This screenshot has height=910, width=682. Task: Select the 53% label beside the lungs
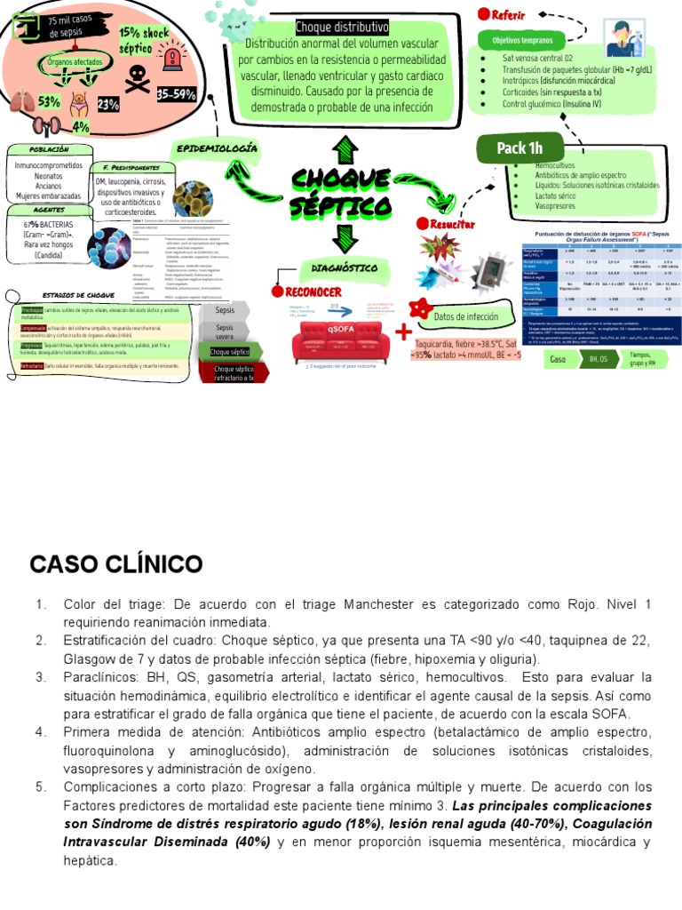pyautogui.click(x=48, y=102)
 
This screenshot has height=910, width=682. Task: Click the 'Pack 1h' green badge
pyautogui.click(x=519, y=148)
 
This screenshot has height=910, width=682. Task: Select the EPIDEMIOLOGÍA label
pyautogui.click(x=217, y=148)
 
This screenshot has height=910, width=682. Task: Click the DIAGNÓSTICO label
pyautogui.click(x=345, y=267)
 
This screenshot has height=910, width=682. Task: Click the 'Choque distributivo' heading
pyautogui.click(x=342, y=28)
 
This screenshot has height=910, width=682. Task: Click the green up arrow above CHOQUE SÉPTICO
pyautogui.click(x=342, y=148)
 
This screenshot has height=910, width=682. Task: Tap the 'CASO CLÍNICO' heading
pyautogui.click(x=116, y=564)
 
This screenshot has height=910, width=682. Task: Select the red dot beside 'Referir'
pyautogui.click(x=485, y=13)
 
